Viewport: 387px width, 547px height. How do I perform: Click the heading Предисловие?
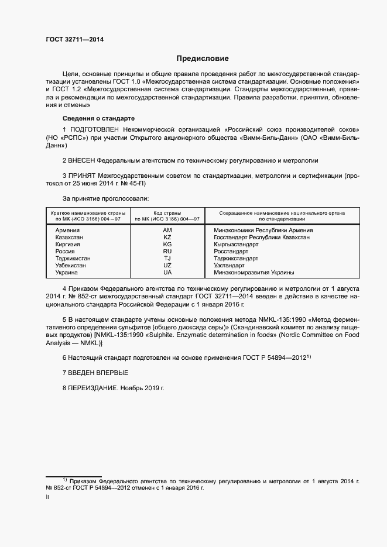pyautogui.click(x=203, y=59)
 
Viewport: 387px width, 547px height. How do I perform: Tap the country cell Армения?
pyautogui.click(x=67, y=231)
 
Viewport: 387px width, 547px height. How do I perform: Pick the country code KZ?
pyautogui.click(x=167, y=238)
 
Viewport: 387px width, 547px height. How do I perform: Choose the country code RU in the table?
pyautogui.click(x=167, y=252)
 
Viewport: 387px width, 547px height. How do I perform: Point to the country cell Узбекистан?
pyautogui.click(x=70, y=266)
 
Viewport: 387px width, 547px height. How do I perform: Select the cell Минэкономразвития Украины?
pyautogui.click(x=254, y=273)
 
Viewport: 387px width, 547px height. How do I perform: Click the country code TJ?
pyautogui.click(x=167, y=259)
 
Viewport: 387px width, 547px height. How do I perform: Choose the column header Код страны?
pyautogui.click(x=167, y=214)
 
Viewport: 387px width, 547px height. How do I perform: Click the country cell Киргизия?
pyautogui.click(x=68, y=245)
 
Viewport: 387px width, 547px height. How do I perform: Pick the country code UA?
pyautogui.click(x=167, y=273)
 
